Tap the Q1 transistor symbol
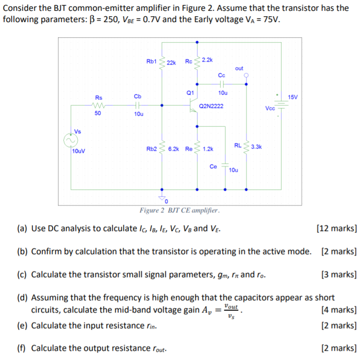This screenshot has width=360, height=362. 194,105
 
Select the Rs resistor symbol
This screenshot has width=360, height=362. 98,104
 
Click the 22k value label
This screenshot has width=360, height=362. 171,63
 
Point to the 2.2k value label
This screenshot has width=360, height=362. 207,59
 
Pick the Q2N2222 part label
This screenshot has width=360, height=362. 211,105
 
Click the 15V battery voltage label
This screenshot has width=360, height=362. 293,97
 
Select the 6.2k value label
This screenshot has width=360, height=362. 174,148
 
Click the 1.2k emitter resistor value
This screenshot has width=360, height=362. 208,148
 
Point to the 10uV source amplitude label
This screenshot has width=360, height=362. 79,151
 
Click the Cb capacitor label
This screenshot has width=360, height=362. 138,96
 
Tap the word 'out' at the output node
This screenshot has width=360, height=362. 239,68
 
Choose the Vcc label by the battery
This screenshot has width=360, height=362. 270,108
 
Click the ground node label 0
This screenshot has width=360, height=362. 166,201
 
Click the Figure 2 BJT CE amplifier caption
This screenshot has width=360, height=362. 180,210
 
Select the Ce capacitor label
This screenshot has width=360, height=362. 213,166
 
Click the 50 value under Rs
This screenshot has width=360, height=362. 98,113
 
